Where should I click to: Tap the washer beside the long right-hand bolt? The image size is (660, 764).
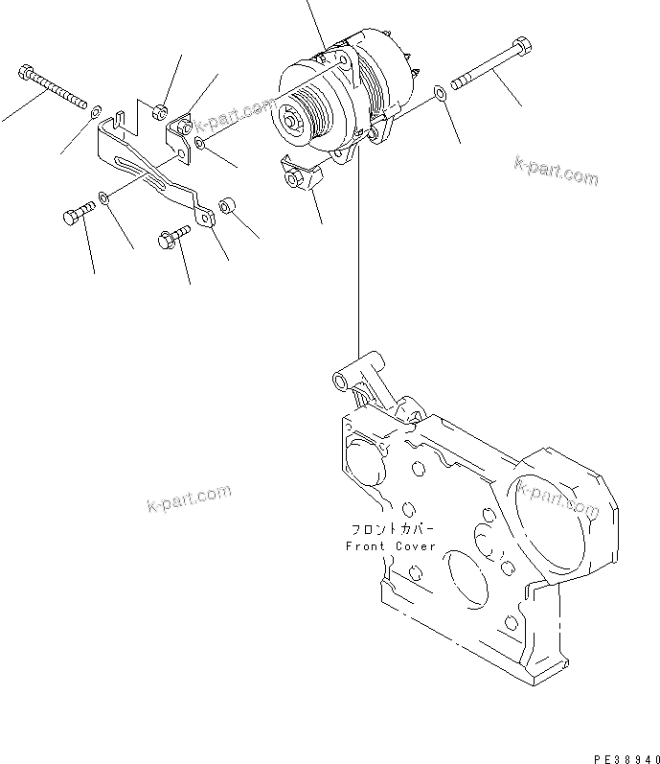click(x=439, y=93)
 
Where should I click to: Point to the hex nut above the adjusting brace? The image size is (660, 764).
click(x=161, y=109)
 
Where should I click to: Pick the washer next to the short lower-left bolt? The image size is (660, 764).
click(x=104, y=198)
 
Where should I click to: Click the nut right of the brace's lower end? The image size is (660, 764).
click(x=228, y=205)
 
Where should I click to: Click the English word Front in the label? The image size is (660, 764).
click(x=364, y=546)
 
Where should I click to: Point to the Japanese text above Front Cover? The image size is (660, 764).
click(x=390, y=529)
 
